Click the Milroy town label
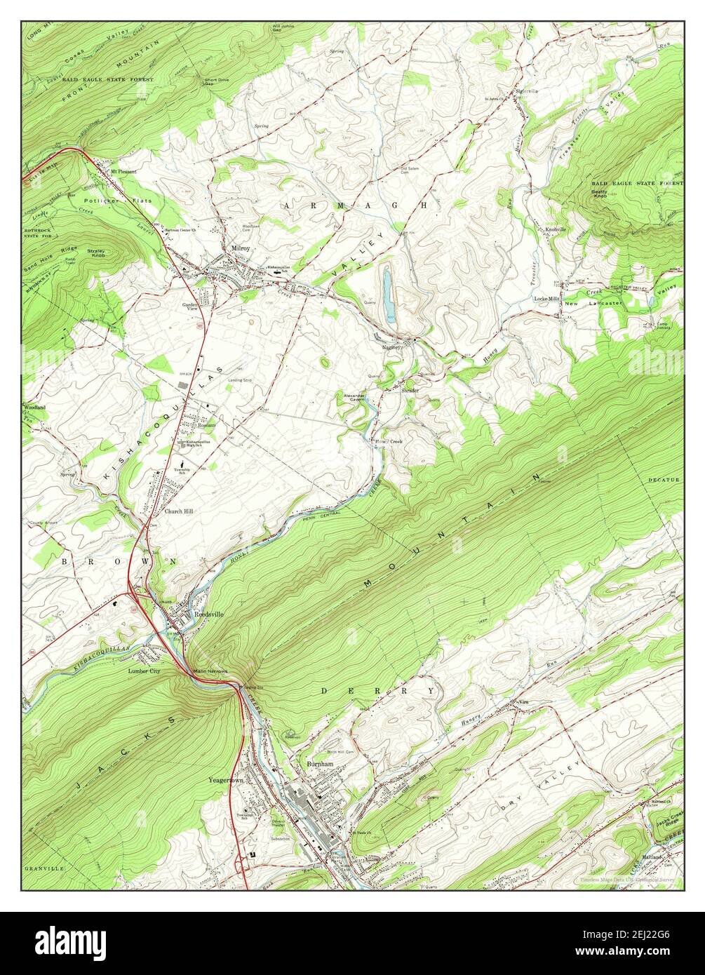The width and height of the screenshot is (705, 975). (x=241, y=248)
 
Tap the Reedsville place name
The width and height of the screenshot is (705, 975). (x=208, y=614)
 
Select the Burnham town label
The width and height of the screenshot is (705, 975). (x=319, y=763)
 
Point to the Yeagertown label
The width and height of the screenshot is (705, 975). (x=225, y=779)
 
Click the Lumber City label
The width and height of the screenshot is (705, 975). (x=145, y=671)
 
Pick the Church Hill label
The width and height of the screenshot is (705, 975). (x=179, y=511)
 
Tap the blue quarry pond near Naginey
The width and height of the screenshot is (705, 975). (x=387, y=294)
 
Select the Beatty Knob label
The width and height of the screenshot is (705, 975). (x=599, y=193)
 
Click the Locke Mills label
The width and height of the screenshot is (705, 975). (x=546, y=299)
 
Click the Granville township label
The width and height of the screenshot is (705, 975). (x=44, y=868)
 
